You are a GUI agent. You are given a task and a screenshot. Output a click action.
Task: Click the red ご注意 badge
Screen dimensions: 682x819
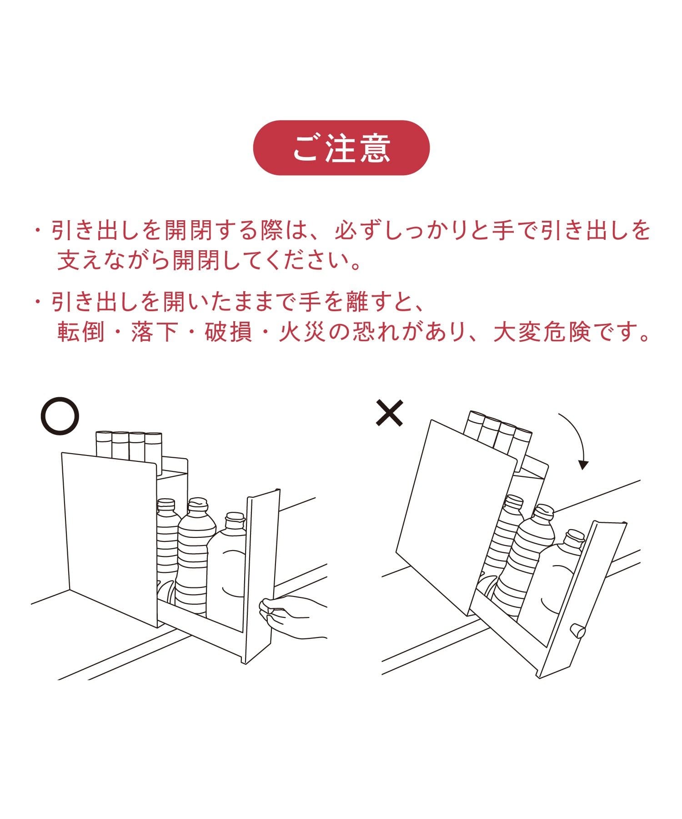pos(341,147)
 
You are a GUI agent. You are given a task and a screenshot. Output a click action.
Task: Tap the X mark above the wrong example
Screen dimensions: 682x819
pos(390,412)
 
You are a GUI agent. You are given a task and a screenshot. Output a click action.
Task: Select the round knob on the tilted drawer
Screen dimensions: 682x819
pos(578,630)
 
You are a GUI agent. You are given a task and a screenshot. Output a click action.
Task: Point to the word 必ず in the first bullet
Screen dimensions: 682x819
pos(358,231)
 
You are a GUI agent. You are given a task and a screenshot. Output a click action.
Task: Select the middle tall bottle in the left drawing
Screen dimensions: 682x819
pos(196,557)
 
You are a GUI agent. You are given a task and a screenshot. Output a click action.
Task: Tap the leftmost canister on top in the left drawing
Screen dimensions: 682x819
pos(104,445)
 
